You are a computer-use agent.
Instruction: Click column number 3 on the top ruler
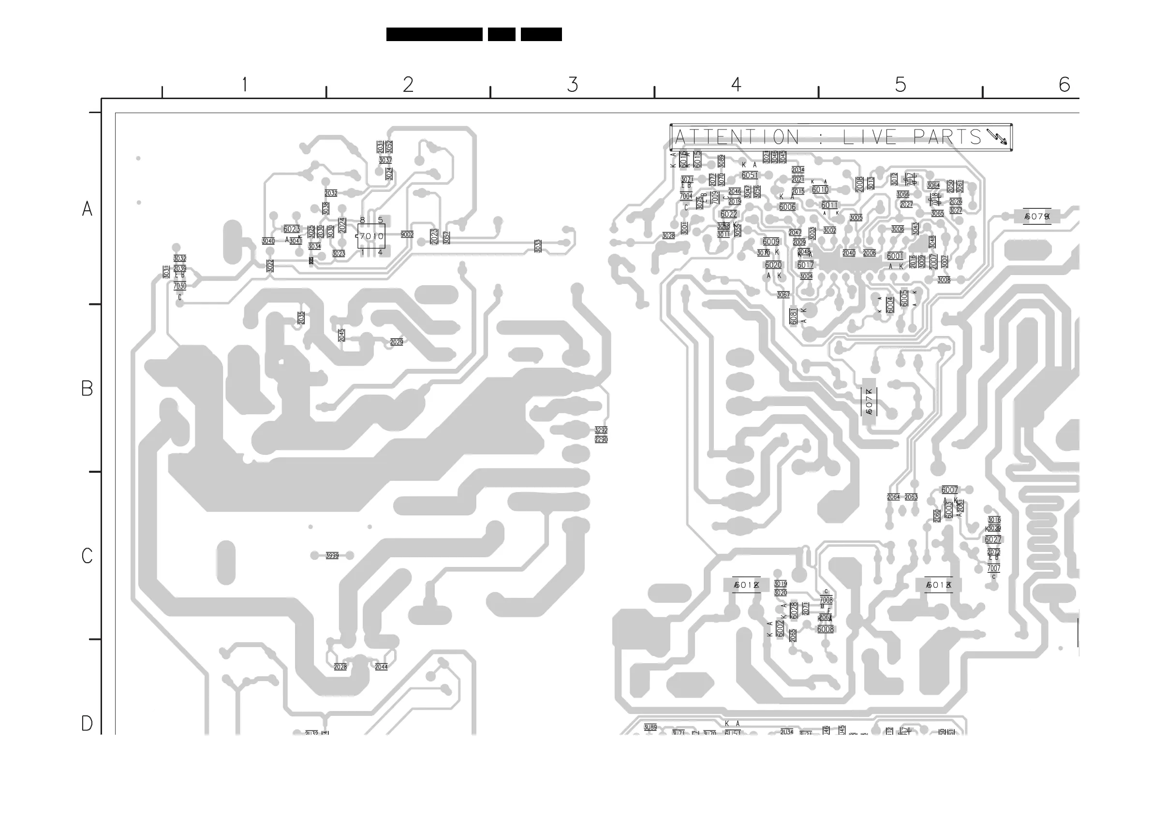pyautogui.click(x=573, y=85)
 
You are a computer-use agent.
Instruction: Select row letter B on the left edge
pyautogui.click(x=87, y=389)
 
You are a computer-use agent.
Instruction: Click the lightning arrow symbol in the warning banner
pyautogui.click(x=996, y=136)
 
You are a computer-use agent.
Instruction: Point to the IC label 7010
pyautogui.click(x=372, y=236)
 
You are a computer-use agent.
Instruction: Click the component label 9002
pyautogui.click(x=407, y=234)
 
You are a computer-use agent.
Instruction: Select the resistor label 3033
pyautogui.click(x=538, y=246)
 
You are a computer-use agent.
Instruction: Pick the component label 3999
pyautogui.click(x=332, y=555)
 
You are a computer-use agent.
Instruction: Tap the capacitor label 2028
pyautogui.click(x=340, y=667)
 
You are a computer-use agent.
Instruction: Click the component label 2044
pyautogui.click(x=381, y=667)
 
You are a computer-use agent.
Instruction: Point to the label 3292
pyautogui.click(x=601, y=430)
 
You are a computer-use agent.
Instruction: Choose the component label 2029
pyautogui.click(x=397, y=342)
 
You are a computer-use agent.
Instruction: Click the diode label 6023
pyautogui.click(x=292, y=229)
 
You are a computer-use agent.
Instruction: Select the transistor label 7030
pyautogui.click(x=179, y=286)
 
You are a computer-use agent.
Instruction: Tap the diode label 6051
pyautogui.click(x=750, y=175)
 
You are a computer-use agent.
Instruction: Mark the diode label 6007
pyautogui.click(x=949, y=490)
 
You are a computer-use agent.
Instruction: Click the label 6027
pyautogui.click(x=993, y=539)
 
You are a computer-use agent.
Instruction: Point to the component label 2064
pyautogui.click(x=894, y=497)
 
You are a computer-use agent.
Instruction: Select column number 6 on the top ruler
pyautogui.click(x=1064, y=85)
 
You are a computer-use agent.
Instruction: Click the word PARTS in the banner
pyautogui.click(x=947, y=137)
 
